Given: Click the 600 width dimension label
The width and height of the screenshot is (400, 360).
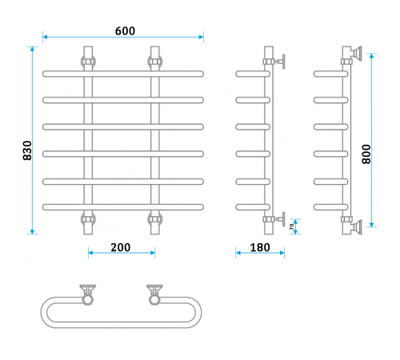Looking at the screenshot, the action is (x=125, y=31).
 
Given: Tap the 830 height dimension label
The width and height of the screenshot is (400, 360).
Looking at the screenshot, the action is (x=27, y=150).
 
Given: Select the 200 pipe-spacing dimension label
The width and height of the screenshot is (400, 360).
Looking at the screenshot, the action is (x=121, y=247).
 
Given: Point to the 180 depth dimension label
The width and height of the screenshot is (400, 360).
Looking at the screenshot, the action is (x=260, y=247).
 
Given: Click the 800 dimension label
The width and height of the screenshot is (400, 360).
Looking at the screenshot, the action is (x=366, y=154).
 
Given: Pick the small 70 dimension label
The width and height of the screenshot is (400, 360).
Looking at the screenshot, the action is (x=291, y=226).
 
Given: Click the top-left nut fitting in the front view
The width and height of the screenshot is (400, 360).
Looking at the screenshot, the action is (x=88, y=62).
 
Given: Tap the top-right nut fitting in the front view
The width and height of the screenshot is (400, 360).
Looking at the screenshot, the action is (x=155, y=62).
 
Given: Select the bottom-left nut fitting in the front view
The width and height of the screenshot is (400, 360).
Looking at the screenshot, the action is (x=88, y=219).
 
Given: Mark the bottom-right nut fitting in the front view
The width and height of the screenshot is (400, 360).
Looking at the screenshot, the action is (x=155, y=219).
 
